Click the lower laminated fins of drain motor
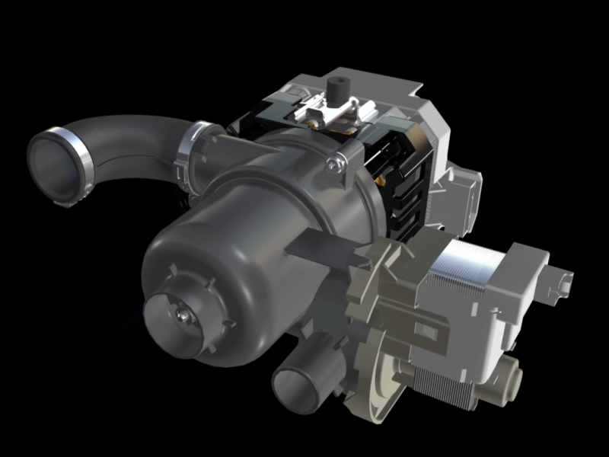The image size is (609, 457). pyautogui.click(x=449, y=381)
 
